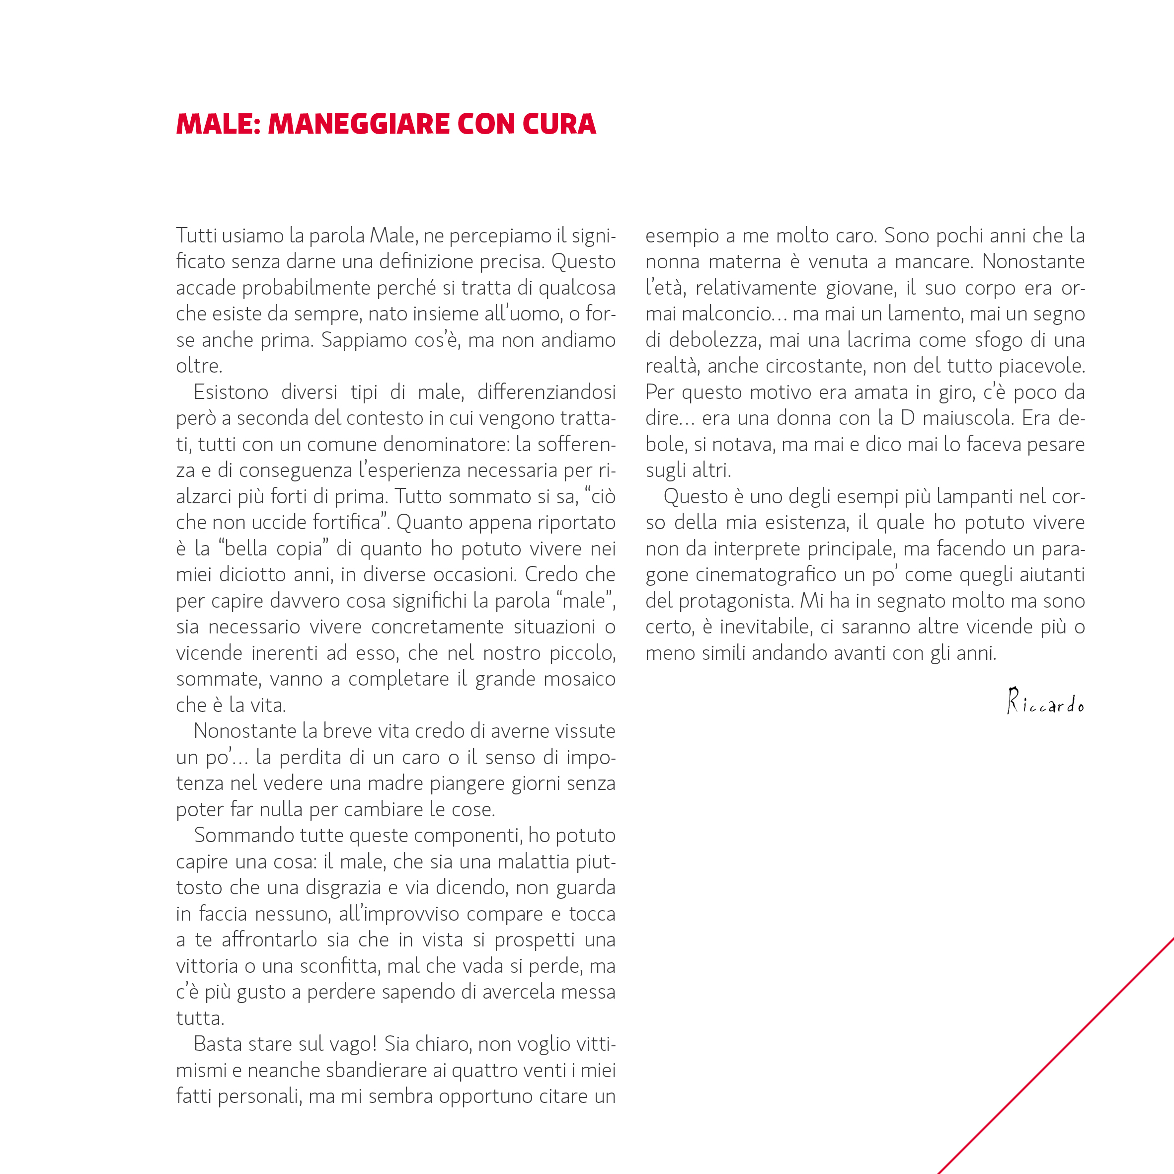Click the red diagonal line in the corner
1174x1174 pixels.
tap(1057, 1055)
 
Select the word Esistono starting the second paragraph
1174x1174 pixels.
tap(231, 392)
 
